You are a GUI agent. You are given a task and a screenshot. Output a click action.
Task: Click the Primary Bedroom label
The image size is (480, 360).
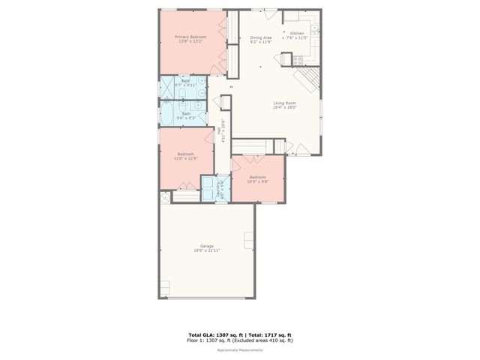[x=190, y=37]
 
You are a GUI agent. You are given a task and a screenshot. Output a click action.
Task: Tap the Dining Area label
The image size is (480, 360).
[x=261, y=37]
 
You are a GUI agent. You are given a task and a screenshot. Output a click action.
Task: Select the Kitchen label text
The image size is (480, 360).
[x=297, y=33]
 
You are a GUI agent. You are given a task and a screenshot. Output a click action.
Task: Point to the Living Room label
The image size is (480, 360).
[x=285, y=103]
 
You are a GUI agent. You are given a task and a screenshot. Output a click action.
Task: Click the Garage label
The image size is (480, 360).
[x=207, y=246]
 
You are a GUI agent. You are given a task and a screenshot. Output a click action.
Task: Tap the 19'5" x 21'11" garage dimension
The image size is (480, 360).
[x=207, y=250]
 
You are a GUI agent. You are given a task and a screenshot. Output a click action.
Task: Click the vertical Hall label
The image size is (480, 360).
[x=219, y=130]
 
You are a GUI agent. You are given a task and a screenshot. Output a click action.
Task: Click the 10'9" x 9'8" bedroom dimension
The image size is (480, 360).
[x=257, y=181]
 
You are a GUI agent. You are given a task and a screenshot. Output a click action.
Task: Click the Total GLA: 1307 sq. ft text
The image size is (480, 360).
[x=212, y=334]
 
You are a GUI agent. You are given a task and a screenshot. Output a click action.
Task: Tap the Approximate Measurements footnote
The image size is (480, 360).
[x=239, y=350]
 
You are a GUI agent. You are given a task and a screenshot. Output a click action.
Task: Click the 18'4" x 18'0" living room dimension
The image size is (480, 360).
[x=285, y=107]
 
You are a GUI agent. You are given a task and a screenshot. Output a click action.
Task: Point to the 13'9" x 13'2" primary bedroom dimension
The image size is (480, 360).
[x=190, y=41]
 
